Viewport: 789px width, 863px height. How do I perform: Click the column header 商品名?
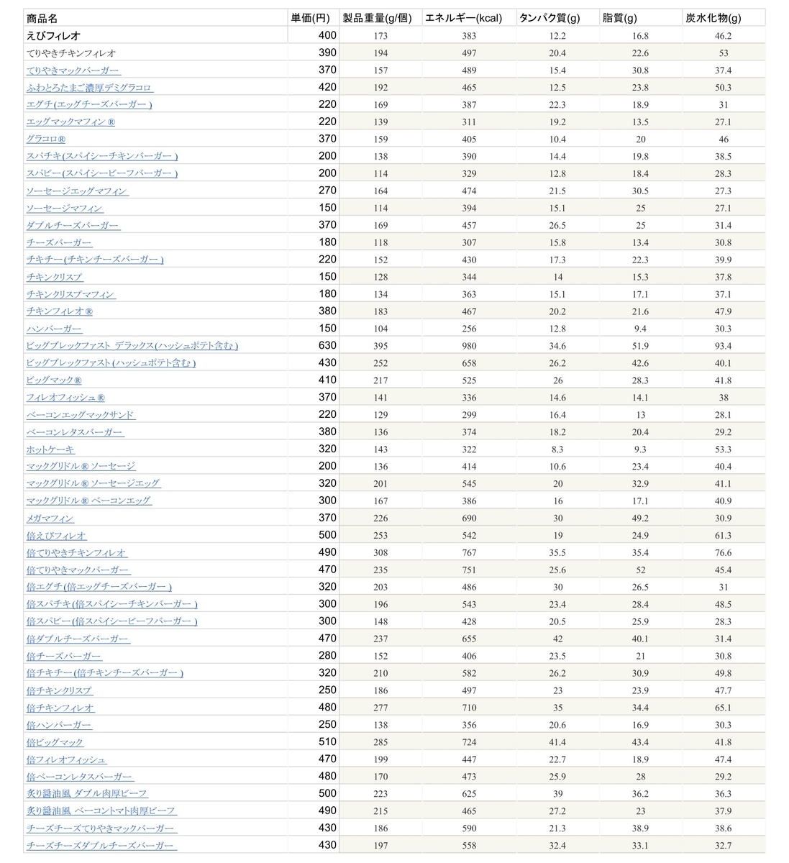42,18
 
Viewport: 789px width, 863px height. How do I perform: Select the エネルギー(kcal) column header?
463,18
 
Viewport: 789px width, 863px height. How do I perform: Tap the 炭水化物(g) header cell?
712,18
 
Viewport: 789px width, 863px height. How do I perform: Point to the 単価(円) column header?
311,18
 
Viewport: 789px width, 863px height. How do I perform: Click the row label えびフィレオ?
53,35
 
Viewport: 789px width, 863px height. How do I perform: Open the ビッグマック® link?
54,380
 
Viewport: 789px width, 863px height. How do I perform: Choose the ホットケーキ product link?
50,449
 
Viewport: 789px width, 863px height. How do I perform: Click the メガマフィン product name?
50,518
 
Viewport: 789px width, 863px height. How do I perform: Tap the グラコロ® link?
46,139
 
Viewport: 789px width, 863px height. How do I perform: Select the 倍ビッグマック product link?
55,742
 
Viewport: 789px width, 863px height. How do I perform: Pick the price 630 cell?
327,345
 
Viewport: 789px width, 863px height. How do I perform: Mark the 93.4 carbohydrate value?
724,346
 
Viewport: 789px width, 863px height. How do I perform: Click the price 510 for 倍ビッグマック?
327,741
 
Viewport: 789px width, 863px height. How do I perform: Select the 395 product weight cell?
380,346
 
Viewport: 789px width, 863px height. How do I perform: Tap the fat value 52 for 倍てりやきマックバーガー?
640,570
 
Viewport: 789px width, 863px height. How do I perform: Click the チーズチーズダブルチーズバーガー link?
100,846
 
